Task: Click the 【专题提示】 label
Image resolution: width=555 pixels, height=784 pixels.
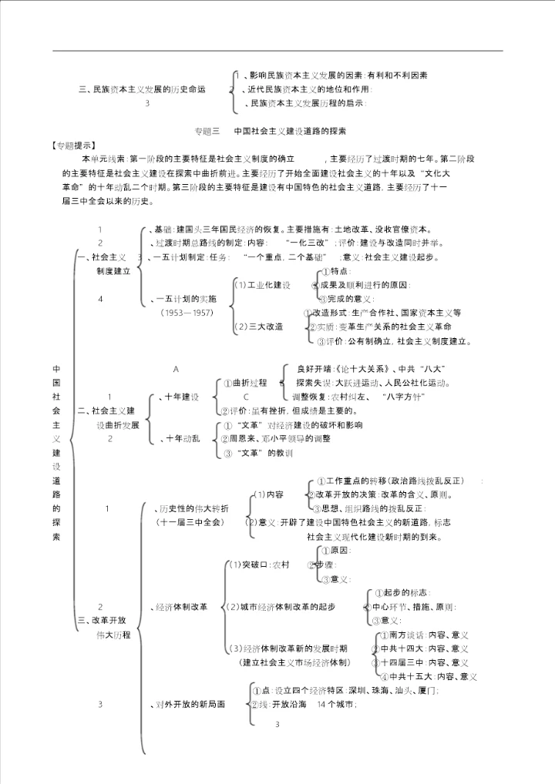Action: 72,144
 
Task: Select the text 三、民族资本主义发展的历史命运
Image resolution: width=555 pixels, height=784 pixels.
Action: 143,89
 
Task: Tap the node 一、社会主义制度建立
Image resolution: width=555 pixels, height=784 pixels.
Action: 108,264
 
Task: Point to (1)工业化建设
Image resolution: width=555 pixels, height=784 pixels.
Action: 262,286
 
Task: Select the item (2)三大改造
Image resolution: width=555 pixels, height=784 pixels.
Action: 258,327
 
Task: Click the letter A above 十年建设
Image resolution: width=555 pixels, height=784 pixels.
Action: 176,370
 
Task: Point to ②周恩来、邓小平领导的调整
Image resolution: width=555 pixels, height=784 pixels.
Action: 275,438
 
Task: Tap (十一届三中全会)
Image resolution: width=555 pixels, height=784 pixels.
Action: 190,522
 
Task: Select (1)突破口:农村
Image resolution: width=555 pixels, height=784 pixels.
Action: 259,565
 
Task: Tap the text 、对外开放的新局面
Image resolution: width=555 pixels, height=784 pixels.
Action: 188,705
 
